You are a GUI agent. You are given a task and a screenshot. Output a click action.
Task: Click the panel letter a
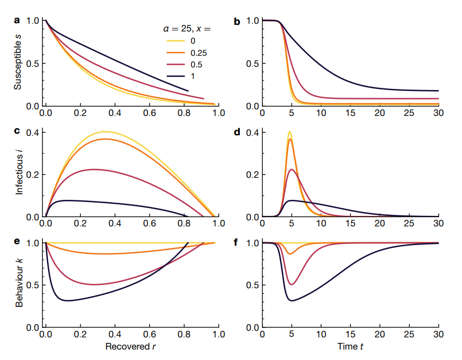17,20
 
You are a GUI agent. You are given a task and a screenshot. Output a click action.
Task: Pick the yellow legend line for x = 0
174,40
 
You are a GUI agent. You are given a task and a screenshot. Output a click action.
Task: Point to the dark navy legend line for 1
174,78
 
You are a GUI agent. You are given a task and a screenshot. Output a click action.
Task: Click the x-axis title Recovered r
131,347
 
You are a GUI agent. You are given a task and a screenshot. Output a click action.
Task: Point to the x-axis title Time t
350,347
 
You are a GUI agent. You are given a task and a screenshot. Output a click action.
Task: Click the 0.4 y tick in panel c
33,133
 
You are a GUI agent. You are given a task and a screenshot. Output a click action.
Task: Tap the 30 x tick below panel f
438,335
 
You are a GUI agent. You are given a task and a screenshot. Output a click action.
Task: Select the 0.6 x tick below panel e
149,335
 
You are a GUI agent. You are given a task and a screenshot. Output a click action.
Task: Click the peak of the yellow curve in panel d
290,131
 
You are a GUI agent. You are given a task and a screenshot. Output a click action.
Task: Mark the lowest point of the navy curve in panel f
291,301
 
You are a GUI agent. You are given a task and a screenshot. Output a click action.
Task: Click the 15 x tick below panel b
350,114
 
